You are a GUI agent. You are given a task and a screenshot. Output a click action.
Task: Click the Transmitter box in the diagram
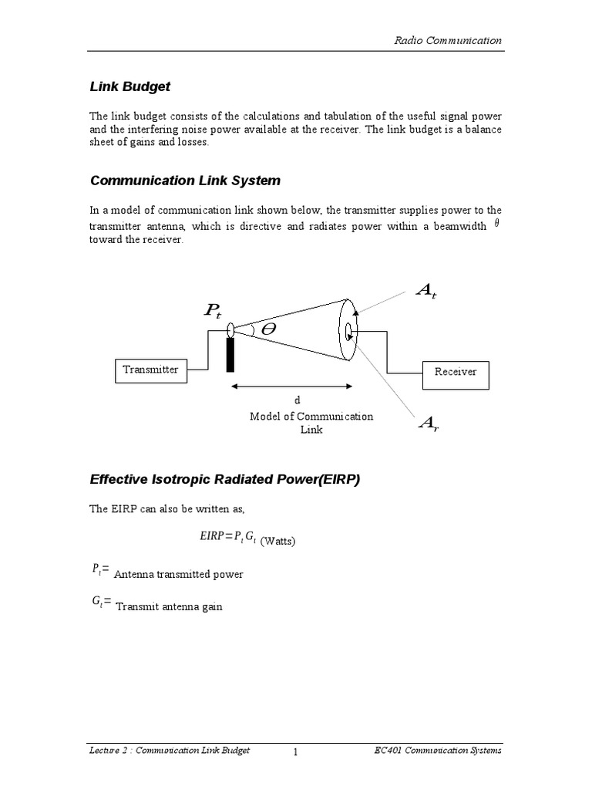point(150,370)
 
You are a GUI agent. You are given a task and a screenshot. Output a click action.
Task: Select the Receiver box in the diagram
point(456,373)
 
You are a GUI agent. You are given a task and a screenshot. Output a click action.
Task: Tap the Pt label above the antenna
point(212,311)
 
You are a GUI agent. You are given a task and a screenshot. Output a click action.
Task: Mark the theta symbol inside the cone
point(268,329)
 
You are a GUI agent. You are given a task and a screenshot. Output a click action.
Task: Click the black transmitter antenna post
point(230,354)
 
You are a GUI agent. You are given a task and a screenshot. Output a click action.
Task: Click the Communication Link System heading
point(185,181)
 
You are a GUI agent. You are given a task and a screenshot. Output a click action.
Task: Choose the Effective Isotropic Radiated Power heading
point(225,480)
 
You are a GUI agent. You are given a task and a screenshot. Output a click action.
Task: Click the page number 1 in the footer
point(295,752)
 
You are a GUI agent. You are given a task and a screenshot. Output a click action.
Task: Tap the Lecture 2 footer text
point(170,751)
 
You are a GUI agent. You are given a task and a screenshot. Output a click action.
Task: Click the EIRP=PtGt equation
point(228,538)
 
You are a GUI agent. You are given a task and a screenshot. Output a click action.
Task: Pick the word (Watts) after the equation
point(277,542)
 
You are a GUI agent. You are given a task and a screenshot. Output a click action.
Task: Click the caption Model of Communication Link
point(311,423)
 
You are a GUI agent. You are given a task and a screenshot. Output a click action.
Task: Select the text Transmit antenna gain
point(169,606)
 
